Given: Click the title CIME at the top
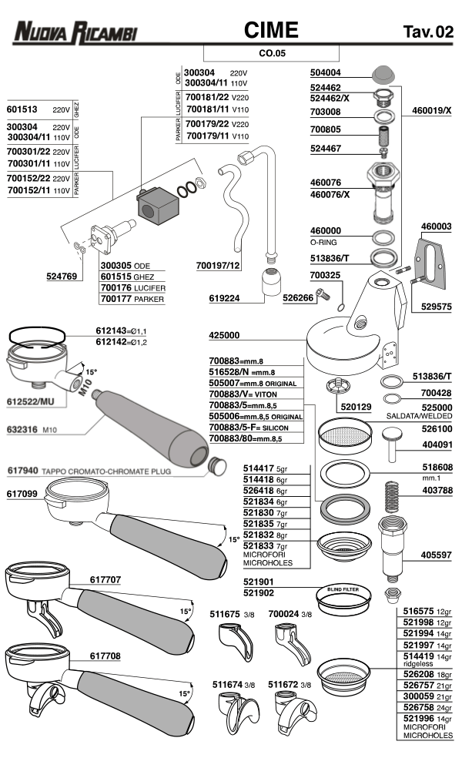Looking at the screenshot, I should click(x=271, y=30).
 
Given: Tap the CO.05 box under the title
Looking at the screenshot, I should click(x=271, y=53).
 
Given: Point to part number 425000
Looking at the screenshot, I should click(x=225, y=335).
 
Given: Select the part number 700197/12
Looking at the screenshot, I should click(x=219, y=266).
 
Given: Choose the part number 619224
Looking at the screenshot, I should click(x=225, y=297).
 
